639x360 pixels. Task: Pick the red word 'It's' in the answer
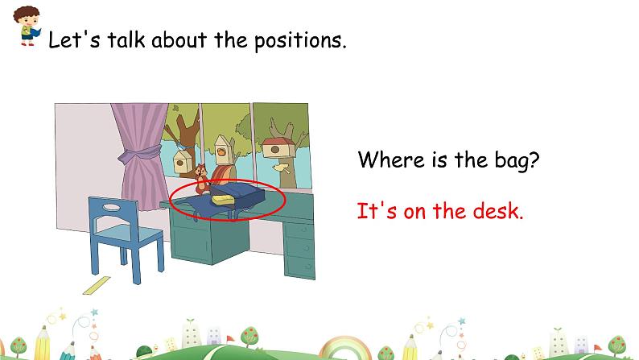click(x=374, y=212)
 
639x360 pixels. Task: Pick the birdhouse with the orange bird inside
click(x=221, y=147)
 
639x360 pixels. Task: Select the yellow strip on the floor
click(x=97, y=285)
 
